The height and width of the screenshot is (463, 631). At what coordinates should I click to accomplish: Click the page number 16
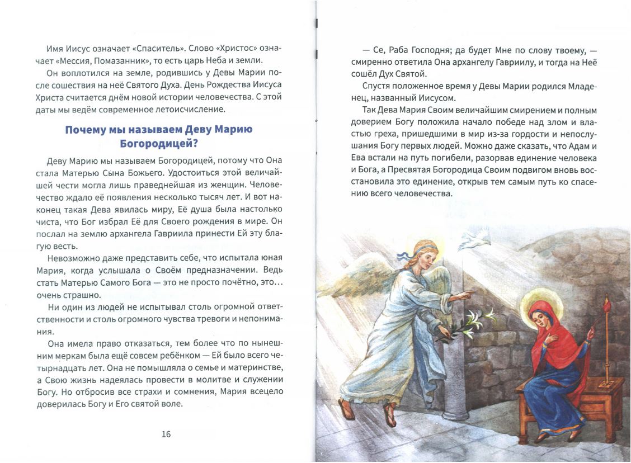166,434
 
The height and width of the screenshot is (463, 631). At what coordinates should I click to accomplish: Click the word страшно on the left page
83,295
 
